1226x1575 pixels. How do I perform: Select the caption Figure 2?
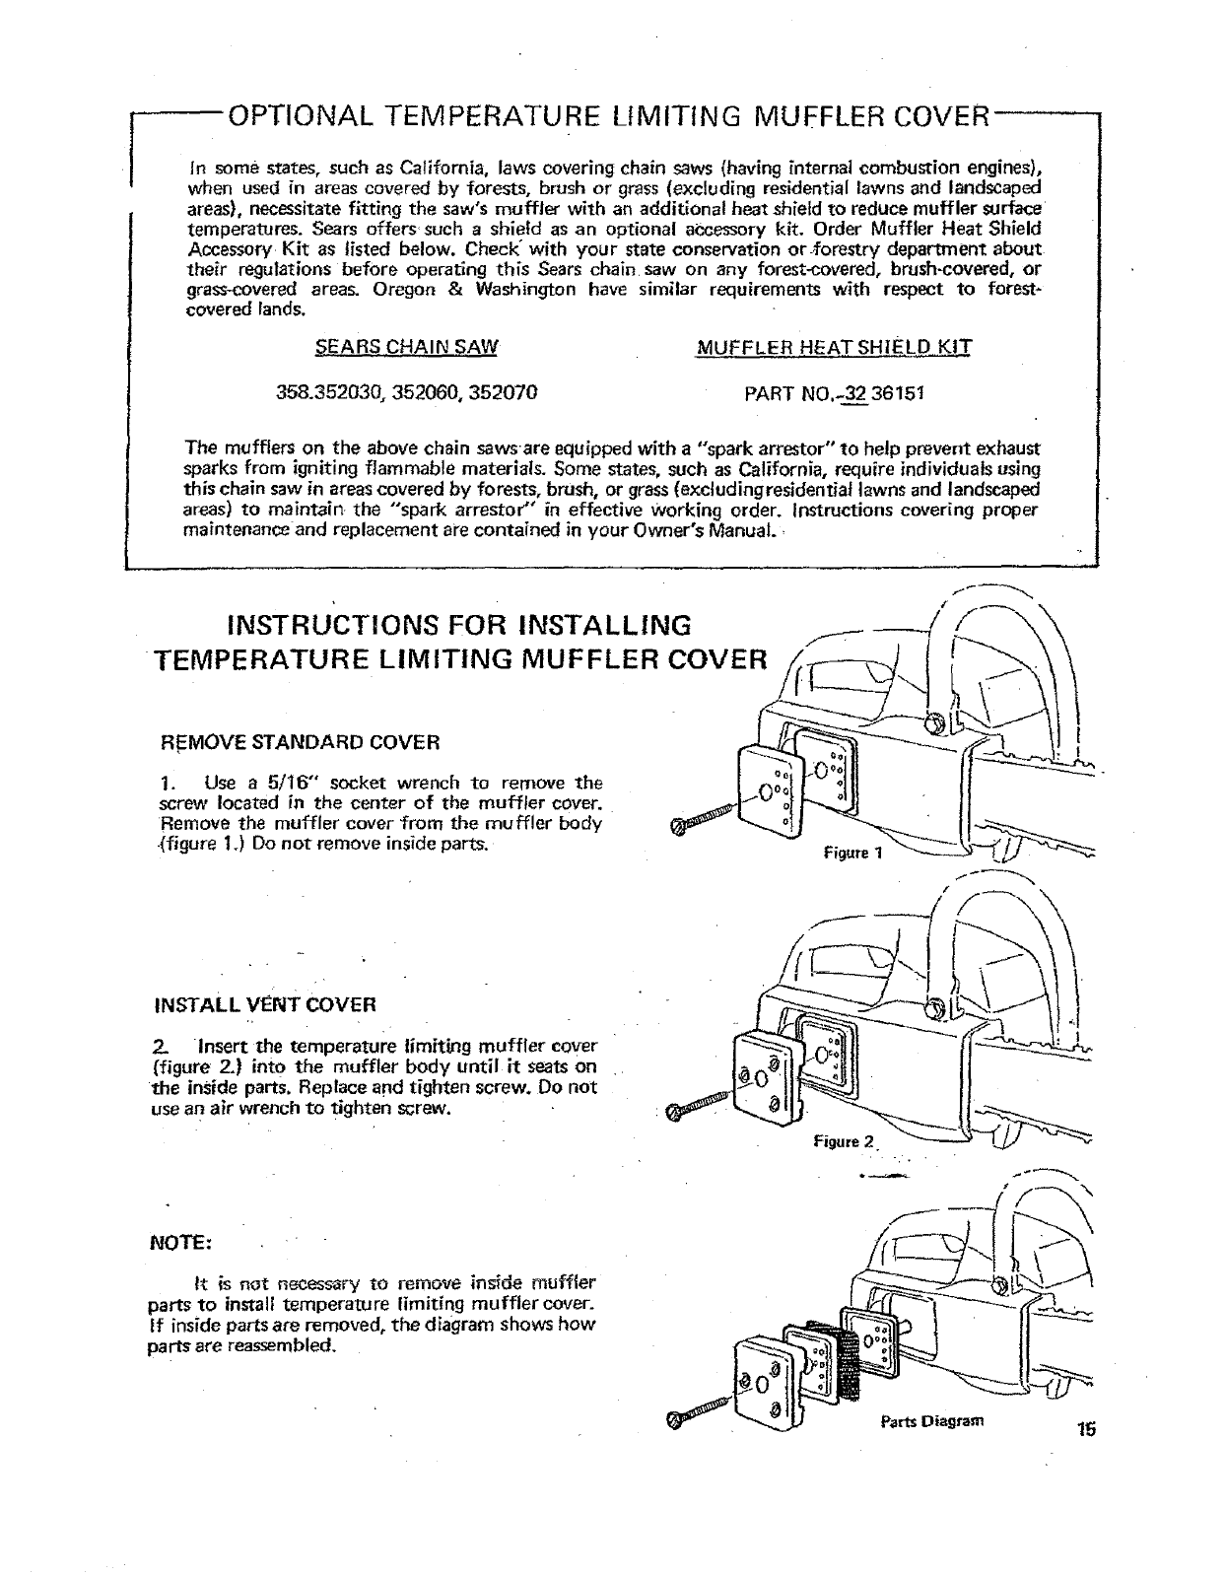click(x=845, y=1142)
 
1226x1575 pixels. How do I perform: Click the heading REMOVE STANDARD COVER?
click(x=300, y=741)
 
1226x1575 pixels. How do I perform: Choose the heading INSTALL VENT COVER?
click(x=266, y=1005)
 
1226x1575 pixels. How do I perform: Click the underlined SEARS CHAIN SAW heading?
click(x=406, y=347)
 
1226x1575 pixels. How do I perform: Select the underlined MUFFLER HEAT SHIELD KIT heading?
click(x=834, y=347)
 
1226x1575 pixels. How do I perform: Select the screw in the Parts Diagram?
click(x=702, y=1411)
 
